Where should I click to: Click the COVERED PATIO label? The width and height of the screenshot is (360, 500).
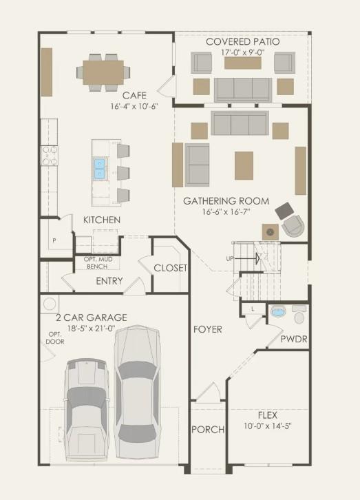pyautogui.click(x=243, y=42)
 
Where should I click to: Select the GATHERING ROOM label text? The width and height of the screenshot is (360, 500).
pyautogui.click(x=226, y=201)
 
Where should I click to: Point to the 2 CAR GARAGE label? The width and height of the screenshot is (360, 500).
pyautogui.click(x=92, y=317)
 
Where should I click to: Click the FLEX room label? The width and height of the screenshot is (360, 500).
pyautogui.click(x=268, y=415)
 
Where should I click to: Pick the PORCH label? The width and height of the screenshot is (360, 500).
pyautogui.click(x=208, y=430)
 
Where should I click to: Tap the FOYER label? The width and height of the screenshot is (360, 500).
pyautogui.click(x=207, y=329)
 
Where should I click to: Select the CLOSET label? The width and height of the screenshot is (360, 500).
pyautogui.click(x=169, y=268)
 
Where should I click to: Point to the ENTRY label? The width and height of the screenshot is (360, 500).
pyautogui.click(x=109, y=281)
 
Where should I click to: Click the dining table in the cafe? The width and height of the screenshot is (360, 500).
pyautogui.click(x=103, y=70)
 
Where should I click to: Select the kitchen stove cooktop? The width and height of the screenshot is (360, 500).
pyautogui.click(x=50, y=156)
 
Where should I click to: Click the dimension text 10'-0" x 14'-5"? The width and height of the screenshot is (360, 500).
pyautogui.click(x=268, y=426)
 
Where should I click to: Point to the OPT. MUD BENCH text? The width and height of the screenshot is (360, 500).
pyautogui.click(x=98, y=262)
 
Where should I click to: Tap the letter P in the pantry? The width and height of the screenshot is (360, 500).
pyautogui.click(x=54, y=241)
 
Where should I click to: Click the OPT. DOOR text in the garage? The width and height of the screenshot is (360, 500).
pyautogui.click(x=55, y=338)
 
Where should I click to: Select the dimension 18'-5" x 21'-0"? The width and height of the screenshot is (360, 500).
pyautogui.click(x=92, y=329)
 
